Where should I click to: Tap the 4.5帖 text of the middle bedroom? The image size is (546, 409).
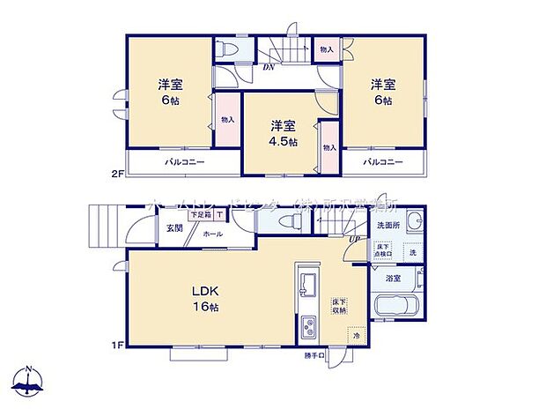pyautogui.click(x=284, y=141)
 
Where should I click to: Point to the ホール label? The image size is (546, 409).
pyautogui.click(x=212, y=235)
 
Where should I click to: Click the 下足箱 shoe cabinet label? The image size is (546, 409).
pyautogui.click(x=200, y=214)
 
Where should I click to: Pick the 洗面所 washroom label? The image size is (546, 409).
pyautogui.click(x=387, y=225)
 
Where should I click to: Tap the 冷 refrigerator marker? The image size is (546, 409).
pyautogui.click(x=357, y=336)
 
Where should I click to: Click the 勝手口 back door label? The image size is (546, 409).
pyautogui.click(x=314, y=355)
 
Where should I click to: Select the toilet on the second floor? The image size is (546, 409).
pyautogui.click(x=226, y=51)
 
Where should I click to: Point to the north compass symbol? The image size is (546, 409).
pyautogui.click(x=28, y=381)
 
